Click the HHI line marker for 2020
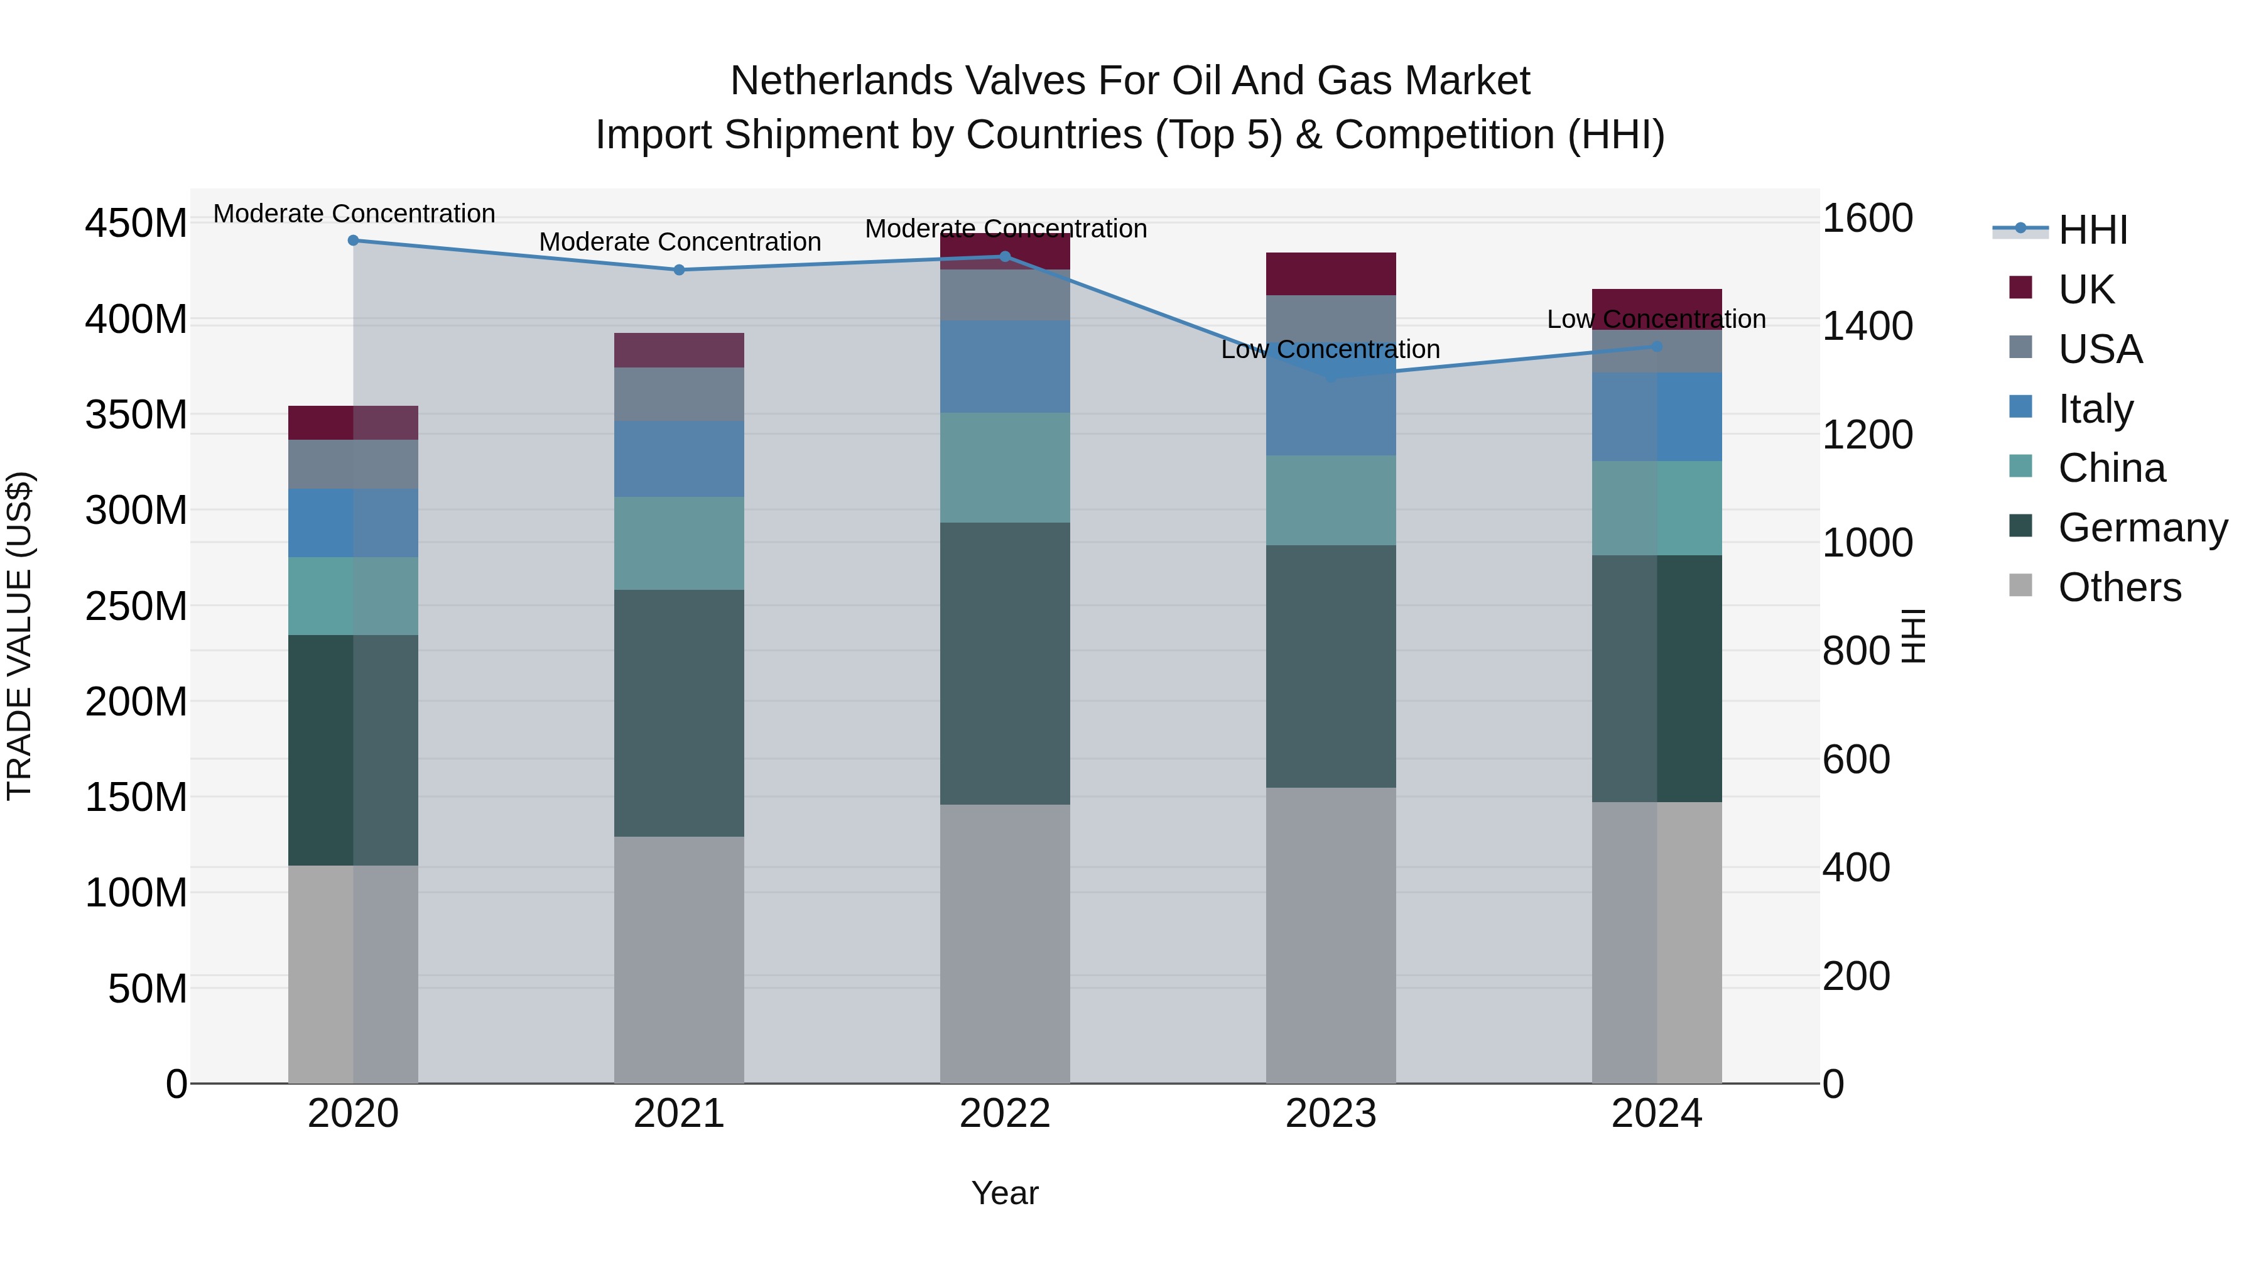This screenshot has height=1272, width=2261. click(x=353, y=241)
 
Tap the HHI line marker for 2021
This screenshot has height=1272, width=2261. click(x=678, y=270)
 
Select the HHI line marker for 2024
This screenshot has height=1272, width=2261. click(x=1656, y=347)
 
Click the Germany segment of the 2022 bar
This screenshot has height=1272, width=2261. click(x=1005, y=664)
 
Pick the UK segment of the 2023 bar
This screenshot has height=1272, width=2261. click(x=1331, y=274)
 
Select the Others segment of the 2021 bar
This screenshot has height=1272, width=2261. click(x=678, y=959)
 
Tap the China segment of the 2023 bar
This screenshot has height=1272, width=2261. click(x=1331, y=501)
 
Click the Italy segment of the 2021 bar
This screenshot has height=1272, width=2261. click(x=678, y=459)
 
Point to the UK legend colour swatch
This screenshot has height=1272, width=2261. click(x=2020, y=288)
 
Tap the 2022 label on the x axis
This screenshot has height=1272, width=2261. click(x=1005, y=1114)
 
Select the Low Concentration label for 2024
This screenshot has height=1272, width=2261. click(x=1656, y=320)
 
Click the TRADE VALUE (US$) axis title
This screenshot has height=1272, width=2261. click(x=20, y=636)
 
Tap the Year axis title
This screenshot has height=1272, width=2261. click(x=1005, y=1193)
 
